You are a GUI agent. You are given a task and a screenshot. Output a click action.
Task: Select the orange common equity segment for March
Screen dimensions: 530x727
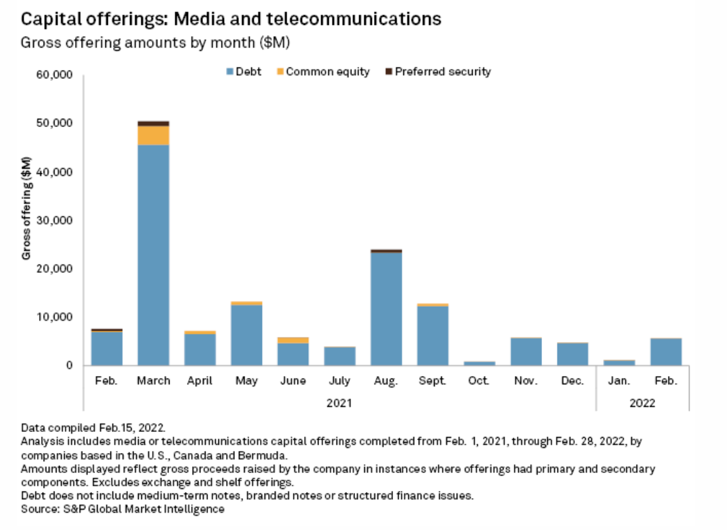pyautogui.click(x=153, y=135)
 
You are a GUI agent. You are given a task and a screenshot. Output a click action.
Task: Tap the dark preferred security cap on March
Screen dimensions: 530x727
pyautogui.click(x=153, y=123)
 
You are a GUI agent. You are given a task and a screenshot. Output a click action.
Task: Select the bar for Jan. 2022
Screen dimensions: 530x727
pyautogui.click(x=619, y=363)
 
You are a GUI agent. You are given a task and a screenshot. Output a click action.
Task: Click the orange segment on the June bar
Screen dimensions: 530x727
pyautogui.click(x=293, y=340)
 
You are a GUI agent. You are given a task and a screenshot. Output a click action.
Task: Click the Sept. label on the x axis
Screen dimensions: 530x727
pyautogui.click(x=432, y=380)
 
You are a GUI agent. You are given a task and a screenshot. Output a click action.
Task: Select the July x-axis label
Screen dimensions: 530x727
pyautogui.click(x=339, y=380)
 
